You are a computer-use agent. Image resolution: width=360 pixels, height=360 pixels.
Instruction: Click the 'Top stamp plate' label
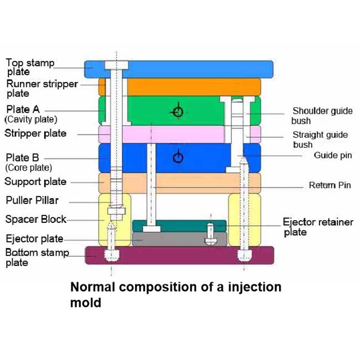pyautogui.click(x=30, y=67)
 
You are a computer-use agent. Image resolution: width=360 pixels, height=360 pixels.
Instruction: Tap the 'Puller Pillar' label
pyautogui.click(x=31, y=200)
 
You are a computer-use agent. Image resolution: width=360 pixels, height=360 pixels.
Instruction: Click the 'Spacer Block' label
pyautogui.click(x=36, y=220)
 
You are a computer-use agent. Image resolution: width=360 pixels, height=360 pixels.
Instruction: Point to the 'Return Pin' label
pyautogui.click(x=329, y=185)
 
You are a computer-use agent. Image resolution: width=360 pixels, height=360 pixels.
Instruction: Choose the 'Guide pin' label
pyautogui.click(x=333, y=156)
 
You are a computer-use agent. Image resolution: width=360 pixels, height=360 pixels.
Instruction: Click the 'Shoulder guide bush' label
pyautogui.click(x=322, y=116)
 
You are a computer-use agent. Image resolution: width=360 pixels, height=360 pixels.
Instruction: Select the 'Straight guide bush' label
pyautogui.click(x=320, y=139)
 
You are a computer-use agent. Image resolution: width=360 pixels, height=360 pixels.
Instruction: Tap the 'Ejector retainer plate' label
pyautogui.click(x=318, y=227)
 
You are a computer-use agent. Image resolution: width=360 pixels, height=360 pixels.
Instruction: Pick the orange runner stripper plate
pyautogui.click(x=189, y=86)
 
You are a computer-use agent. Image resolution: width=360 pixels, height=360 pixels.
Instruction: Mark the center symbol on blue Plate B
pyautogui.click(x=179, y=157)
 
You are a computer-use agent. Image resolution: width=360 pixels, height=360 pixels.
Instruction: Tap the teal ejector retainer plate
pyautogui.click(x=180, y=225)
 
